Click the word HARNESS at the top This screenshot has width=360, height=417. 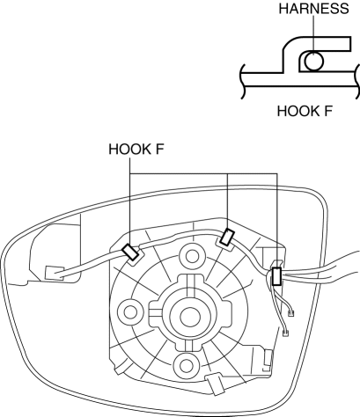click(x=313, y=9)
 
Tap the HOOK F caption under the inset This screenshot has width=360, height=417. click(x=305, y=111)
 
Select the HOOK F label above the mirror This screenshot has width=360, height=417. click(x=136, y=149)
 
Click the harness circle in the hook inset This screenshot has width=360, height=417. click(x=313, y=62)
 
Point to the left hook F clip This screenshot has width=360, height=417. click(x=130, y=252)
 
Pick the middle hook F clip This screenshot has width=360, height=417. click(x=228, y=238)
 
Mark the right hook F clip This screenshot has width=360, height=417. click(x=276, y=276)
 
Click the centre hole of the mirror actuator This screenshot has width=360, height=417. click(x=189, y=317)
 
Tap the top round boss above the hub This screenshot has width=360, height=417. click(x=192, y=256)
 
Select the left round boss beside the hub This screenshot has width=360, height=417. click(x=130, y=312)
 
